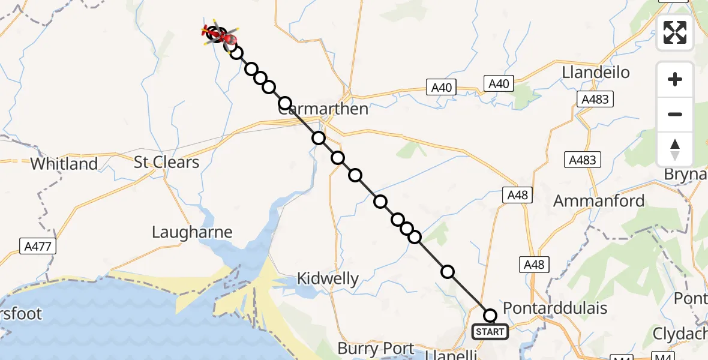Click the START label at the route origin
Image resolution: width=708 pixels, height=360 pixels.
pos(490,331)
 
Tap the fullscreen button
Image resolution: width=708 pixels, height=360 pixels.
pos(675,32)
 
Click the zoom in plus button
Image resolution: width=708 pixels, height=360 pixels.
pos(675,79)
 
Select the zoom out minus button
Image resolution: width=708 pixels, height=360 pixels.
pos(675,114)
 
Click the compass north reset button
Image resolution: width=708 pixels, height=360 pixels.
pos(675,149)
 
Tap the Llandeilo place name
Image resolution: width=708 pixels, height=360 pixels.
pos(596,73)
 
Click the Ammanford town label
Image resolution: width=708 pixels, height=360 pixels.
pos(599,201)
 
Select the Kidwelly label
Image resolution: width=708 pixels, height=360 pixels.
pos(328,278)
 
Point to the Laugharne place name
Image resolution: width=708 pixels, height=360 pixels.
pos(192,232)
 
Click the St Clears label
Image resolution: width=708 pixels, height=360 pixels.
pos(166,163)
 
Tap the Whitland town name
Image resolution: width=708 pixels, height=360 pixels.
pos(64,164)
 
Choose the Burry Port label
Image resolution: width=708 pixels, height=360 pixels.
pos(376,348)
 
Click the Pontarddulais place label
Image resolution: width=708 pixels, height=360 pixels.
pos(555,308)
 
